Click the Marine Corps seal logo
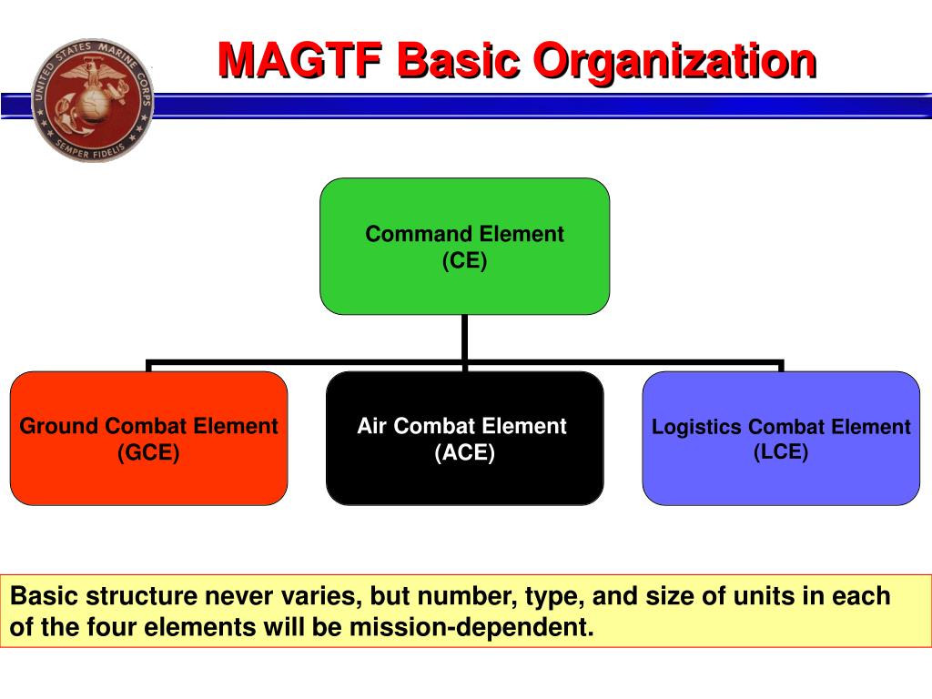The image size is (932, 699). pos(92,100)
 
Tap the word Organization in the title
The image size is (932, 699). pos(674,61)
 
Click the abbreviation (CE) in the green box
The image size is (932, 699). pos(465,261)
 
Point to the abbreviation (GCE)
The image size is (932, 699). pos(148,452)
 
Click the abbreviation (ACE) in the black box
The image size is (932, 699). pos(464,452)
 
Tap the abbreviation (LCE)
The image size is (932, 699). pos(781,451)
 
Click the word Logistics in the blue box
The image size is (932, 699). pos(697,427)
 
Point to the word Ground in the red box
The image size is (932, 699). pos(60,426)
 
